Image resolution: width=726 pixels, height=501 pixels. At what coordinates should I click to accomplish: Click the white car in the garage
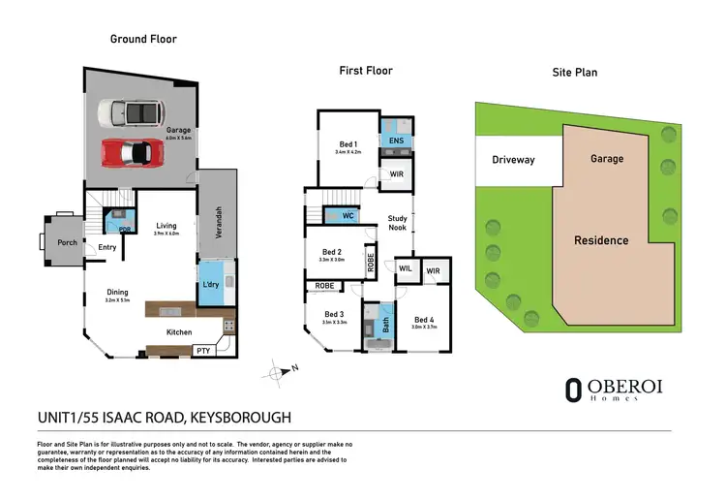click(130, 114)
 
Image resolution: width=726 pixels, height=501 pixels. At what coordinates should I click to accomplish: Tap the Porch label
click(67, 242)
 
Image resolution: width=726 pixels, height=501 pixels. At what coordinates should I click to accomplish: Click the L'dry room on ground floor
click(211, 284)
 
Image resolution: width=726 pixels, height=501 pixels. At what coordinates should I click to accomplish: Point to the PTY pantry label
click(203, 350)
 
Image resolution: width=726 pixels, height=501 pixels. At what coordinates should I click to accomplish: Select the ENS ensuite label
click(396, 141)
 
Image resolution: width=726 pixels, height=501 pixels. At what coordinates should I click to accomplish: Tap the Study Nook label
click(397, 223)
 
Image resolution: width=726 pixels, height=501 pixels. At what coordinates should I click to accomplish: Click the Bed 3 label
click(334, 314)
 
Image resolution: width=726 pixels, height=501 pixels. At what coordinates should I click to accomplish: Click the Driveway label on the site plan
click(513, 159)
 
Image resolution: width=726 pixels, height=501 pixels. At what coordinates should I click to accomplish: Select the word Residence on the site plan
click(601, 240)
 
